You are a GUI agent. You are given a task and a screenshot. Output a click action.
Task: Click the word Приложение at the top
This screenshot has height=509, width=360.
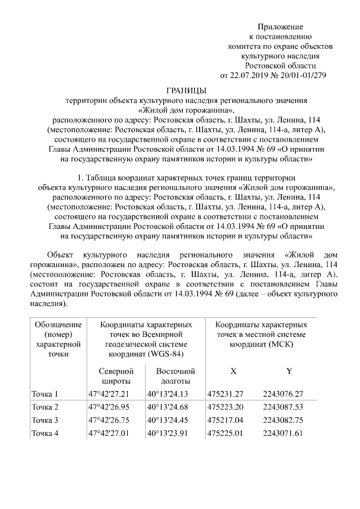pyautogui.click(x=280, y=26)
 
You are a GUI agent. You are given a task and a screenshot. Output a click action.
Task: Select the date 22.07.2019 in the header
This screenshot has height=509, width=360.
pyautogui.click(x=251, y=75)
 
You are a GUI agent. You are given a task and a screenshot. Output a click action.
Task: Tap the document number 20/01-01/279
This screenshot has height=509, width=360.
pyautogui.click(x=304, y=75)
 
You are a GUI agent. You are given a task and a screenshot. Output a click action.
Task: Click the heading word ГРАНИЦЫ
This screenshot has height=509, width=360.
pyautogui.click(x=186, y=91)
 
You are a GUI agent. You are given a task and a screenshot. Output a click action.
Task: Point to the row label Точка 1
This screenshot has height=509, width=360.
pyautogui.click(x=45, y=394)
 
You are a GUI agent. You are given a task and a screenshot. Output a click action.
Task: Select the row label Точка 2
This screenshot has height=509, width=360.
pyautogui.click(x=45, y=407)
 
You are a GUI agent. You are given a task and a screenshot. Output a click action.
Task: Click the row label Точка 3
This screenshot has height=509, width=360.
pyautogui.click(x=45, y=420)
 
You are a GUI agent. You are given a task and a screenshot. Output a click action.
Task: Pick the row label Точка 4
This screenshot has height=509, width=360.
pyautogui.click(x=45, y=433)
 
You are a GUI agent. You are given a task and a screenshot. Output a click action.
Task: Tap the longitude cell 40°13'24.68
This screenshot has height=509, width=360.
pyautogui.click(x=168, y=407)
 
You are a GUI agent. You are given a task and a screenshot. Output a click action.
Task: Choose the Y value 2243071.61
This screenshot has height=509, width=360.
pyautogui.click(x=283, y=433)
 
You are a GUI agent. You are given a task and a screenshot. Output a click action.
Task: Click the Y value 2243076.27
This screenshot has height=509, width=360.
pyautogui.click(x=283, y=394)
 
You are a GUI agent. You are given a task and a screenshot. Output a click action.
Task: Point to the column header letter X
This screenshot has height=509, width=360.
pyautogui.click(x=233, y=371)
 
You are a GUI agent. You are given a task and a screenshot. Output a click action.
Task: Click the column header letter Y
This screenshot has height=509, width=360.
pyautogui.click(x=289, y=371)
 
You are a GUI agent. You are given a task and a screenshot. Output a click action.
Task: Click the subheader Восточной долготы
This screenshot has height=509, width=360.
pyautogui.click(x=175, y=376)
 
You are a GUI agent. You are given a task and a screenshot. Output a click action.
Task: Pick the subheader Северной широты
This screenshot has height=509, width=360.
pyautogui.click(x=115, y=376)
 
